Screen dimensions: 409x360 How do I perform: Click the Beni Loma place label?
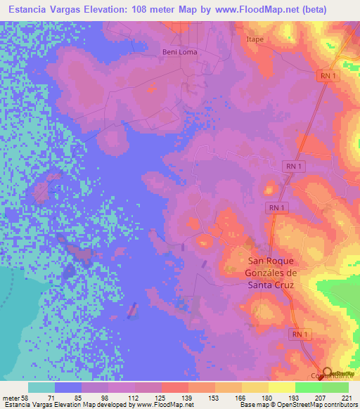pos(180,52)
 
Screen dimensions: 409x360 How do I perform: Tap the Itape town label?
pos(255,39)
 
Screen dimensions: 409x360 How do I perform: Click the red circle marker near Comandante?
pos(328,372)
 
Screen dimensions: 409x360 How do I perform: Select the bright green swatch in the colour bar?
pos(308,387)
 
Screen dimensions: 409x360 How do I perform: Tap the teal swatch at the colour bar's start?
pos(41,387)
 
